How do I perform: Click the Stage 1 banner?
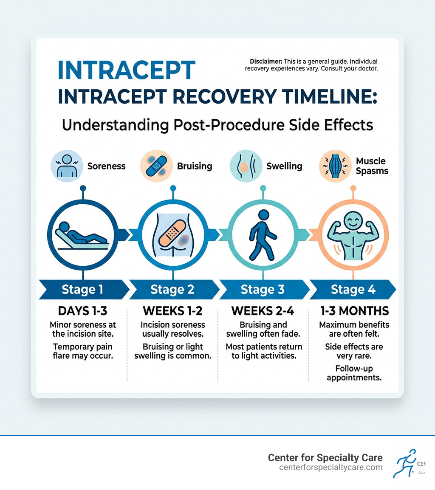[82, 290]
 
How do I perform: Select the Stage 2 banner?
[172, 290]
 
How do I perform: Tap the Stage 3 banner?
[263, 290]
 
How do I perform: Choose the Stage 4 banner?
[353, 290]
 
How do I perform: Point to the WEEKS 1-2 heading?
[172, 310]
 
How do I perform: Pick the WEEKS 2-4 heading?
[263, 310]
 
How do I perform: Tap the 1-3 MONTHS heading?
[353, 310]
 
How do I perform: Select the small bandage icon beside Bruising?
[157, 166]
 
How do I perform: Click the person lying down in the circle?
[83, 235]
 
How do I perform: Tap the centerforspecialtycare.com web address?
[331, 467]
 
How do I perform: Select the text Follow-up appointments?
[353, 373]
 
